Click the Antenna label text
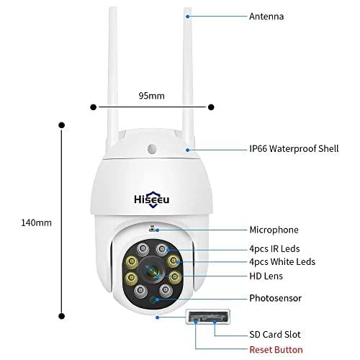(266, 15)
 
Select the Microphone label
(272, 230)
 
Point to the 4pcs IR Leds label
(274, 249)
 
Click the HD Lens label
(267, 276)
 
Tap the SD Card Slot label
(276, 334)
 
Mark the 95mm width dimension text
(151, 95)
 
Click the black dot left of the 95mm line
(92, 107)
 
